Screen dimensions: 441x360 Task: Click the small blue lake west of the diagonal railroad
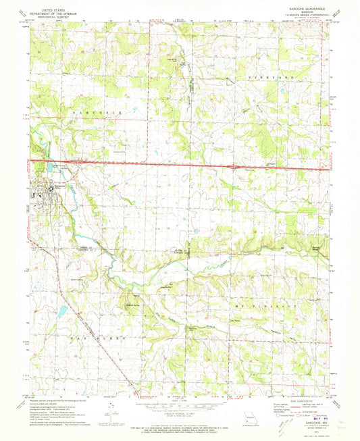click(x=61, y=311)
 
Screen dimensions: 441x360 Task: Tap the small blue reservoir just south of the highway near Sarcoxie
click(x=46, y=167)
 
